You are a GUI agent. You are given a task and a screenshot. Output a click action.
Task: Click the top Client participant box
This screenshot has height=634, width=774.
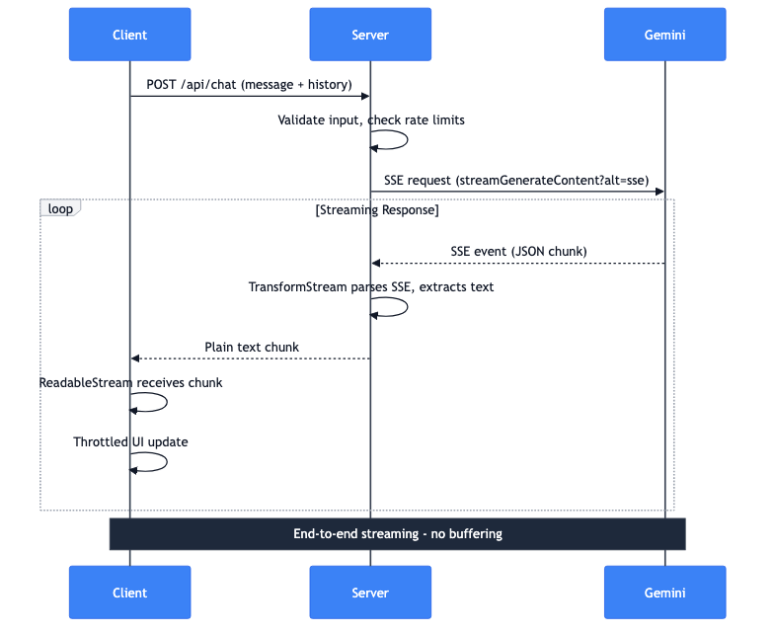(129, 35)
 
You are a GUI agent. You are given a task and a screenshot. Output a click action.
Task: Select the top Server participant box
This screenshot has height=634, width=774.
(370, 35)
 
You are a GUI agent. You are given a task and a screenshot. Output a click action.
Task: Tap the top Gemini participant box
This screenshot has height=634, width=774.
(664, 35)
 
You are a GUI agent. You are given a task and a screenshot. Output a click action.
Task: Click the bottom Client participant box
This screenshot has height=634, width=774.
(129, 593)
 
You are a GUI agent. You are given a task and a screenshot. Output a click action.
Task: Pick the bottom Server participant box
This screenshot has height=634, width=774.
(370, 593)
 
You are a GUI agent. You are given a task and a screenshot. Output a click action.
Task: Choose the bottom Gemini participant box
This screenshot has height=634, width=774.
(664, 593)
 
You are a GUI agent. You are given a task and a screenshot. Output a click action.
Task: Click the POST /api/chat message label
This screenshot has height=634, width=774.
(249, 85)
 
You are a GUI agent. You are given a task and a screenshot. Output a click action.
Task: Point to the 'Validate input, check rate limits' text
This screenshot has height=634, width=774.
(370, 120)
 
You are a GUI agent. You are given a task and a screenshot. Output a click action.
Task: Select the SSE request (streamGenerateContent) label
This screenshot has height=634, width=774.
(516, 181)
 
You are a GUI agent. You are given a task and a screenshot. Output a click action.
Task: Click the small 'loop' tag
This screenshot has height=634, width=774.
(59, 208)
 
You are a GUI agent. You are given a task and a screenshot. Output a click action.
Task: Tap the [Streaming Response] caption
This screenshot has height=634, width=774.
(376, 210)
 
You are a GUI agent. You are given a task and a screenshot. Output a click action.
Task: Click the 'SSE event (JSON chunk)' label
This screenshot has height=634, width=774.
(518, 252)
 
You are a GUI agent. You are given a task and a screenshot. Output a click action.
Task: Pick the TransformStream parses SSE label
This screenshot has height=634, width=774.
(370, 287)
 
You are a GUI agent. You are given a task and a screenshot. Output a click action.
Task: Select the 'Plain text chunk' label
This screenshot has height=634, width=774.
(252, 348)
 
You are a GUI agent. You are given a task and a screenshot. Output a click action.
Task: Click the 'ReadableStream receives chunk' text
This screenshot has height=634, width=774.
(130, 382)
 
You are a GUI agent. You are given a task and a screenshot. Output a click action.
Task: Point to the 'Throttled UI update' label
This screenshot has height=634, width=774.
(130, 442)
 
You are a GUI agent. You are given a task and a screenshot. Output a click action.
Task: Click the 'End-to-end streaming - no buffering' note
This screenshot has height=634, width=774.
(397, 534)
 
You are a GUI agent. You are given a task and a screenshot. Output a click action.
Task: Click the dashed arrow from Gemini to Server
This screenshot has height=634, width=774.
(517, 264)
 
